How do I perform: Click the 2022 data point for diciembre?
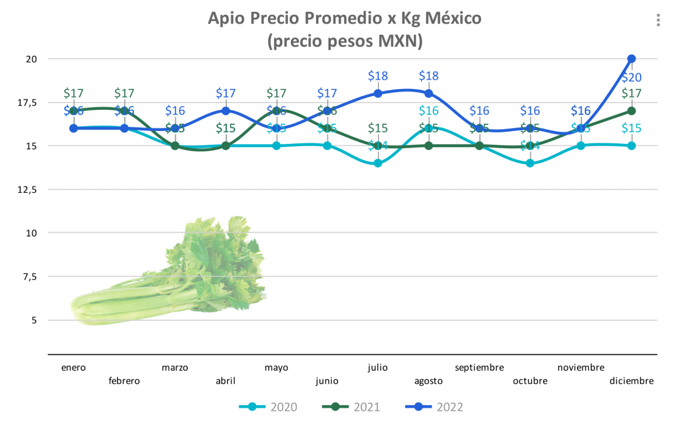coord(631,59)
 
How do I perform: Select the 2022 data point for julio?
coord(378,93)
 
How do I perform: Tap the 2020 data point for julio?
coord(378,163)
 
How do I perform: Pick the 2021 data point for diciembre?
coord(631,111)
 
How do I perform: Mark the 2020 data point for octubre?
coord(530,163)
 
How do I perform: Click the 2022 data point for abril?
coord(226,111)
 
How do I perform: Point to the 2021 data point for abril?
coord(226,146)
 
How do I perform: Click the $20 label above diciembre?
coord(631,78)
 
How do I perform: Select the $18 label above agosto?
coord(429,76)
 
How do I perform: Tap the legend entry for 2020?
coord(268,407)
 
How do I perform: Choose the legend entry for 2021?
coord(351,407)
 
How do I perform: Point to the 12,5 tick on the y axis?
coord(27,189)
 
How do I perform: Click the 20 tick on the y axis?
coord(31,59)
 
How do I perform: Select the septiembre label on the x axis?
coord(479,368)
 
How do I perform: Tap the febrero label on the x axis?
coord(124,381)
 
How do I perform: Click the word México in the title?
coord(453,18)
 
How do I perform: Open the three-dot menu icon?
coord(658,20)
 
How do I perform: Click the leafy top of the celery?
coord(216,255)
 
